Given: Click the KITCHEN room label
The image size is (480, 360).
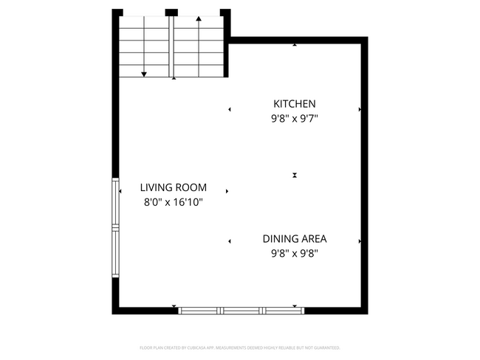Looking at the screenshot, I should pyautogui.click(x=295, y=104).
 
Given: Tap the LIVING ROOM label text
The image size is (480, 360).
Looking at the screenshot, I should pyautogui.click(x=174, y=187).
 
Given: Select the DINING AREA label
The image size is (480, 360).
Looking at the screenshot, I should pyautogui.click(x=295, y=238).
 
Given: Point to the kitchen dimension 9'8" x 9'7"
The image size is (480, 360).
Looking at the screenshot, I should pyautogui.click(x=295, y=117).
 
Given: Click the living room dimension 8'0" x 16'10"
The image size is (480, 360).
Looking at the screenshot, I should pyautogui.click(x=174, y=201).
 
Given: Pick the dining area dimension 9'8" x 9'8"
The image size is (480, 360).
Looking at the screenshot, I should pyautogui.click(x=295, y=253).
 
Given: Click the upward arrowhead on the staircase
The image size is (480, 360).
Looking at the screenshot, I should pyautogui.click(x=199, y=19).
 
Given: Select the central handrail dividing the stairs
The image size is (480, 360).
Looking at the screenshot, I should pyautogui.click(x=172, y=46).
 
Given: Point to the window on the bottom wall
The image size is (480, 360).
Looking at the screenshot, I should pyautogui.click(x=241, y=311).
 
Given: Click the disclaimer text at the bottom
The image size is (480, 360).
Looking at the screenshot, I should pyautogui.click(x=240, y=347).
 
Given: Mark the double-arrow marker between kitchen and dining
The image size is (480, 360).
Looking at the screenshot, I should pyautogui.click(x=295, y=175).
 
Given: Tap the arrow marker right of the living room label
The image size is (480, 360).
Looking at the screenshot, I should pyautogui.click(x=227, y=191).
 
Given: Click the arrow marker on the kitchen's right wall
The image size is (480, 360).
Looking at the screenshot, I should pyautogui.click(x=360, y=109).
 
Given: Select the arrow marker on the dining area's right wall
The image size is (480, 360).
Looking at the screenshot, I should pyautogui.click(x=360, y=241).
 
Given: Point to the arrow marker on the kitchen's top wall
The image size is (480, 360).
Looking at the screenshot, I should pyautogui.click(x=295, y=45).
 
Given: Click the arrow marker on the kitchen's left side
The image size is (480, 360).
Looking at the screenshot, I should pyautogui.click(x=230, y=109).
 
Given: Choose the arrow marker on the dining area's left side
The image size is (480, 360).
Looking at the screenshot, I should pyautogui.click(x=230, y=241).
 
